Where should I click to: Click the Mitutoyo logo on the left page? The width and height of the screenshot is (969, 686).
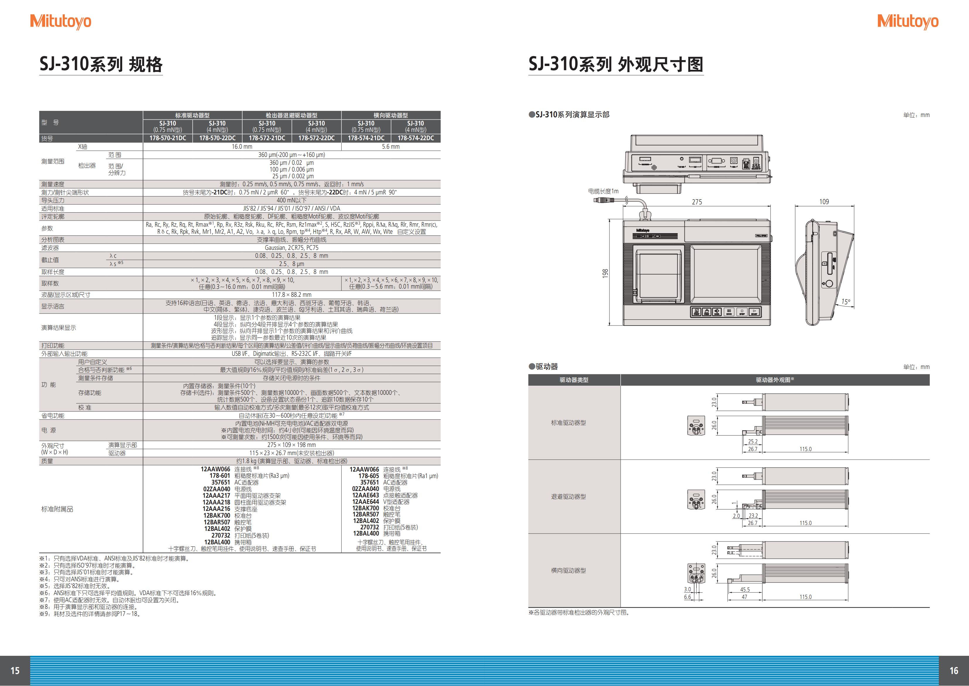pyautogui.click(x=61, y=21)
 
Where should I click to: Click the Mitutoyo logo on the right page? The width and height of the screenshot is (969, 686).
pyautogui.click(x=908, y=21)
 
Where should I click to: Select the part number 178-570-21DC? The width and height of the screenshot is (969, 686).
pyautogui.click(x=168, y=138)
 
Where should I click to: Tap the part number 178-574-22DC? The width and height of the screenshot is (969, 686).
pyautogui.click(x=416, y=138)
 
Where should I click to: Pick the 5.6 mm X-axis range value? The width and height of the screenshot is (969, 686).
pyautogui.click(x=391, y=147)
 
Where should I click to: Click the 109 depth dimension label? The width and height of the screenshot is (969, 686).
pyautogui.click(x=824, y=201)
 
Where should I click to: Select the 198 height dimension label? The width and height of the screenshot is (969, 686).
pyautogui.click(x=605, y=273)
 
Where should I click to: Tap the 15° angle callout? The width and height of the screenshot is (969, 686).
pyautogui.click(x=846, y=301)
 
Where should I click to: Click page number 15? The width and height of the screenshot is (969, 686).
pyautogui.click(x=15, y=671)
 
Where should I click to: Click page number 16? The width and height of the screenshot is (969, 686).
pyautogui.click(x=954, y=671)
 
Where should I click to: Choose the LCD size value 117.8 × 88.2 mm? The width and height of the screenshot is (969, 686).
pyautogui.click(x=292, y=295)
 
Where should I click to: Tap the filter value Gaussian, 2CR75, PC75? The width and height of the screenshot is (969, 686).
pyautogui.click(x=292, y=248)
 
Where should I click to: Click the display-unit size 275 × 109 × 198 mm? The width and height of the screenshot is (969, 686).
pyautogui.click(x=292, y=445)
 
